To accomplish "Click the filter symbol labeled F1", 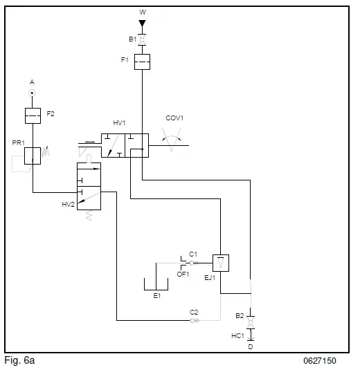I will (142, 62).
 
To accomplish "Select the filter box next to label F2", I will (33, 115).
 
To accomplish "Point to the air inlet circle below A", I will (33, 92).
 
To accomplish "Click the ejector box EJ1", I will (220, 263).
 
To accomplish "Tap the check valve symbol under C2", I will (195, 320).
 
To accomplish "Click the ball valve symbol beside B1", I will (142, 40).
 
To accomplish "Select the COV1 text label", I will (174, 118).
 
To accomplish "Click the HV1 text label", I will (119, 122).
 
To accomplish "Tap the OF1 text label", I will (183, 274).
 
